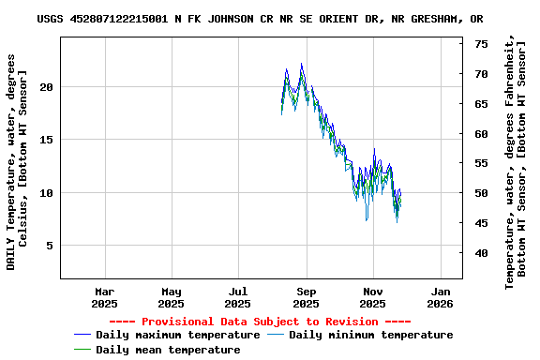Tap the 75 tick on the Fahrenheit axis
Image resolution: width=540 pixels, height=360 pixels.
click(x=480, y=44)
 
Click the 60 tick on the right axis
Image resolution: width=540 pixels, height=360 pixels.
click(x=480, y=134)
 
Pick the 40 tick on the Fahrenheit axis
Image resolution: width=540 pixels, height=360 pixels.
click(x=480, y=253)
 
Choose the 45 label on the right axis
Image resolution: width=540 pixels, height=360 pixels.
click(x=480, y=223)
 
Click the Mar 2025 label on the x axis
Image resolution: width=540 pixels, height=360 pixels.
click(x=104, y=297)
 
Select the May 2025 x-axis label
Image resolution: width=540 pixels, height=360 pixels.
click(x=171, y=297)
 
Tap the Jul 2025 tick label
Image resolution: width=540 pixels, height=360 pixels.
click(x=238, y=297)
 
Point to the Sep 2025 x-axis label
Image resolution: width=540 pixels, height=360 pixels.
click(x=307, y=297)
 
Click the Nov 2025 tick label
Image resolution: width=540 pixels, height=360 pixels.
click(x=373, y=297)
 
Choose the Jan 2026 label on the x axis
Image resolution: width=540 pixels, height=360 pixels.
click(x=441, y=297)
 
